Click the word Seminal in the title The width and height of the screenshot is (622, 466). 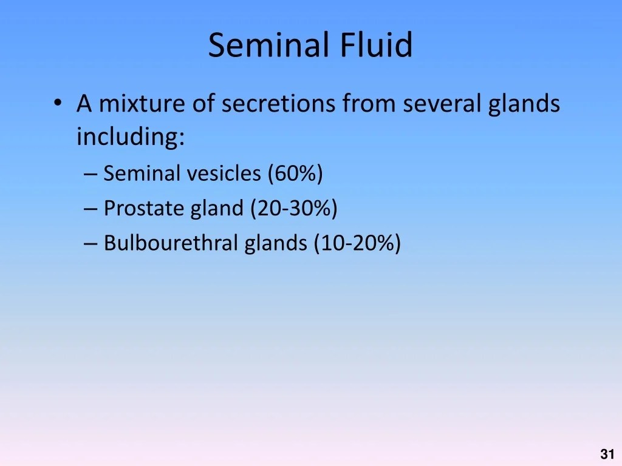(x=268, y=44)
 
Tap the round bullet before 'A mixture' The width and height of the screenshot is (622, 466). (x=58, y=103)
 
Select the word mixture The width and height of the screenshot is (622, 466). (x=142, y=103)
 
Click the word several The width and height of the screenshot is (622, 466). (x=442, y=103)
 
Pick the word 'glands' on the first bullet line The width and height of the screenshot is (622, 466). (x=524, y=104)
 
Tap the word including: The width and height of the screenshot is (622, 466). (x=131, y=137)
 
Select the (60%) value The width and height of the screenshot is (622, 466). (x=296, y=174)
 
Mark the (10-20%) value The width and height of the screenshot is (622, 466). (x=357, y=243)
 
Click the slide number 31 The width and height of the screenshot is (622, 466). (x=607, y=454)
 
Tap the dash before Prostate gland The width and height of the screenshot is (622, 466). (x=91, y=209)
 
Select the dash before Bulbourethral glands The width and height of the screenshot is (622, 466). (x=91, y=244)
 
